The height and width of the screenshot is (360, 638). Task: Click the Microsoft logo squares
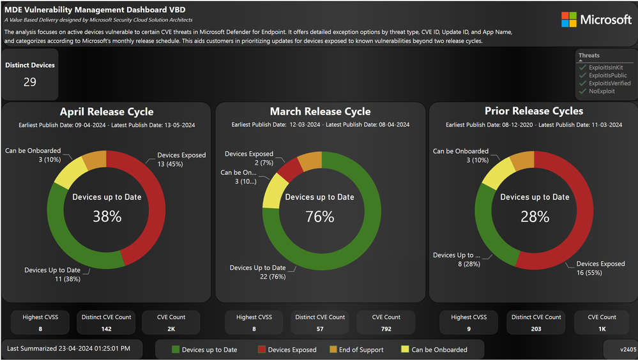pos(569,20)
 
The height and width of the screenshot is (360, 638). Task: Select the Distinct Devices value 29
pos(30,82)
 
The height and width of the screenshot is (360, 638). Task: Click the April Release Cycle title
pos(107,112)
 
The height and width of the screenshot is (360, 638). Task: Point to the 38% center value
pos(107,216)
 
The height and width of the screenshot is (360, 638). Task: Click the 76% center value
pos(320,216)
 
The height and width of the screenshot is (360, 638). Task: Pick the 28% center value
pos(535,216)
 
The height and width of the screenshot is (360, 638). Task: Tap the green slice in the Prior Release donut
pos(490,223)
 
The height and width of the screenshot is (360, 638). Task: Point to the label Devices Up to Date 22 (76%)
pos(257,272)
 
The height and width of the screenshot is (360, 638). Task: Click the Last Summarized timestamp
pos(68,349)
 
